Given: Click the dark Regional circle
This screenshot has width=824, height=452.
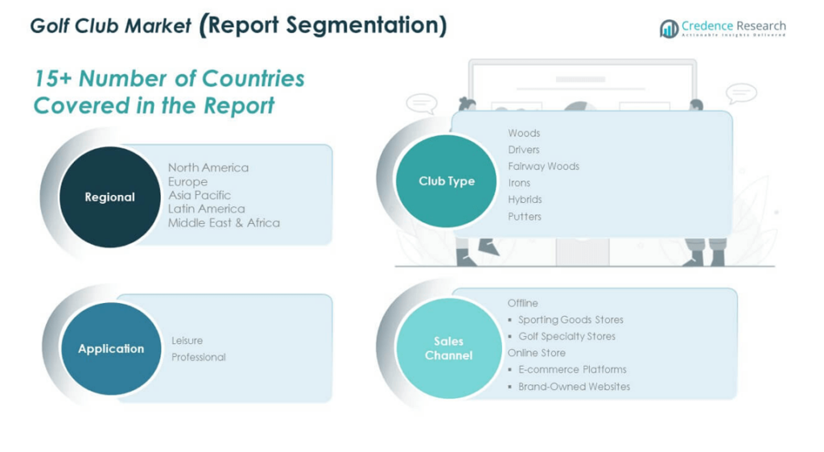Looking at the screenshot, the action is (109, 197).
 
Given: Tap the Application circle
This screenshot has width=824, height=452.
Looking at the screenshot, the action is (111, 348).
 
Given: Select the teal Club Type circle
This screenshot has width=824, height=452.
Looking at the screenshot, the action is (446, 181).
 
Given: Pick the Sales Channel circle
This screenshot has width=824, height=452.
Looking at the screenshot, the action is (449, 348).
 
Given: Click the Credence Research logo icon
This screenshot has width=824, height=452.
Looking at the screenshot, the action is (669, 28).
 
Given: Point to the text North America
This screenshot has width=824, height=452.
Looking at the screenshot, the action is (208, 168).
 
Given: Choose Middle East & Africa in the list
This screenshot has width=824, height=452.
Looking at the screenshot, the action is (224, 222).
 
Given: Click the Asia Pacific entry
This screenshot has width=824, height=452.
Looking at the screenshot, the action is (200, 195).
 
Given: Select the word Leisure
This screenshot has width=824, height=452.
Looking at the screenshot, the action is (187, 341).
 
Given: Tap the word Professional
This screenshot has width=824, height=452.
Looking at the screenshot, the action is (199, 357).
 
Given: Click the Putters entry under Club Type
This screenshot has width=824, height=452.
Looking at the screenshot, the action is (525, 216).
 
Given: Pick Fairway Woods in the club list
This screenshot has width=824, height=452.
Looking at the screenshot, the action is (543, 166).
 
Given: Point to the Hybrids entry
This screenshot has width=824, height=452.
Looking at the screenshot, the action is (525, 200).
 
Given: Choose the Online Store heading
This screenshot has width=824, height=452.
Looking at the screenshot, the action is (537, 353).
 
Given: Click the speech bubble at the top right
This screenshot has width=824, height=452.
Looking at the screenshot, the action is (741, 94).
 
